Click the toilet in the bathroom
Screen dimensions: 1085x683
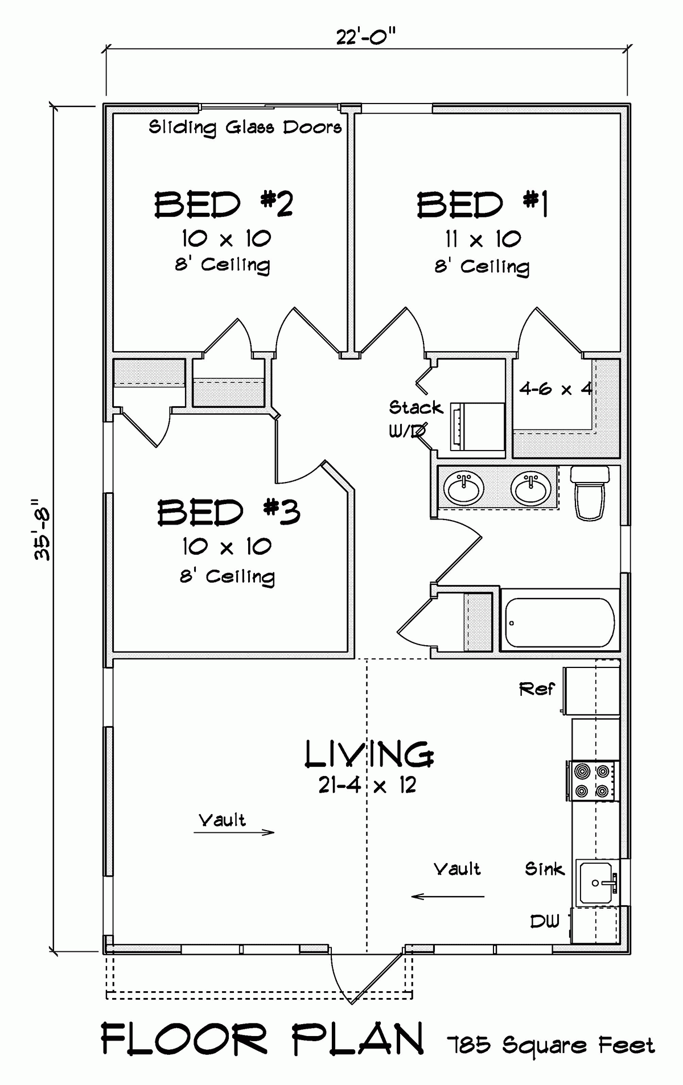coord(590,493)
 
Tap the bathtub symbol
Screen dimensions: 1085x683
coord(559,622)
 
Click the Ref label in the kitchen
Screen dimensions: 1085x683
coord(536,689)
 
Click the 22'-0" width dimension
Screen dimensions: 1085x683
coord(365,38)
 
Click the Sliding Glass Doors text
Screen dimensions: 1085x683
coord(245,127)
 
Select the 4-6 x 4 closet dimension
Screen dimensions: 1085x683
coord(556,389)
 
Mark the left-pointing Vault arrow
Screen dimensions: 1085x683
coord(447,897)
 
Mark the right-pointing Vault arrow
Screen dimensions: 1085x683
coord(234,832)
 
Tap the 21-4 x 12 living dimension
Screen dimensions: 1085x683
coord(367,786)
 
